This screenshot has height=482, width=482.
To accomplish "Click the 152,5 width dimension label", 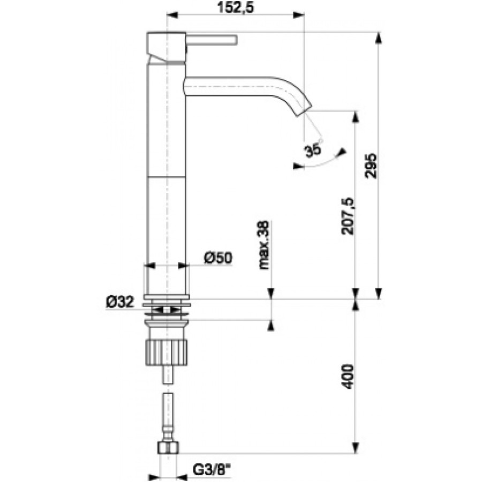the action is (236, 7).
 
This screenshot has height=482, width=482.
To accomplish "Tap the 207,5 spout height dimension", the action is (348, 216).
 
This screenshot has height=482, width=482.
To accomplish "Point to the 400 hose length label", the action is (348, 377).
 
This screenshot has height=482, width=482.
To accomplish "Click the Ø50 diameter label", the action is (219, 258).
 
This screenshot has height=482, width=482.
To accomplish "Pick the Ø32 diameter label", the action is (120, 302).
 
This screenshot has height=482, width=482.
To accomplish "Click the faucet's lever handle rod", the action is (212, 40).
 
